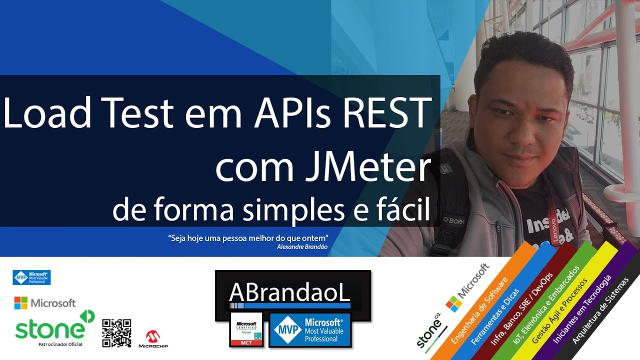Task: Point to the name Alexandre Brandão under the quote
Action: tap(302, 246)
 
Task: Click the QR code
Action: tap(116, 333)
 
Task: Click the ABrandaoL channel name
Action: tap(289, 293)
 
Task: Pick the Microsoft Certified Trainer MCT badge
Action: tap(246, 329)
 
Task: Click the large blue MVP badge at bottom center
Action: tap(310, 330)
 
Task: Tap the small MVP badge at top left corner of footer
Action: tap(31, 277)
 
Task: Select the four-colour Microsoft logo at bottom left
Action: tap(21, 302)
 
